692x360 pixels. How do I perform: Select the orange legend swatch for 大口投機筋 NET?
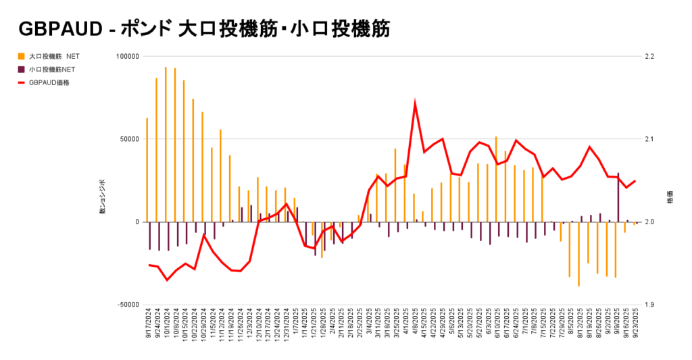tap(22, 56)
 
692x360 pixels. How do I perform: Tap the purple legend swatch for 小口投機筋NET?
tap(22, 69)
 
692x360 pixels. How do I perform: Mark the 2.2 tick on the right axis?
tap(651, 57)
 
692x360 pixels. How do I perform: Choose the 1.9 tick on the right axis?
tap(651, 305)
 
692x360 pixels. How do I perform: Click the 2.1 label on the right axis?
tap(651, 139)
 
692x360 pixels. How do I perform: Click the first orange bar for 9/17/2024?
tap(147, 170)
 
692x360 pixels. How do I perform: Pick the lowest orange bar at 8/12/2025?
tap(579, 254)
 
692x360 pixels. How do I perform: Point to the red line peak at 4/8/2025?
tap(415, 103)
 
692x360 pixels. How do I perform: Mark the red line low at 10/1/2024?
tap(167, 280)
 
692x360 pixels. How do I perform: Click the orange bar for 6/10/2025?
tap(496, 179)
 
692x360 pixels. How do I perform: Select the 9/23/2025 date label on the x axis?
tap(635, 326)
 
